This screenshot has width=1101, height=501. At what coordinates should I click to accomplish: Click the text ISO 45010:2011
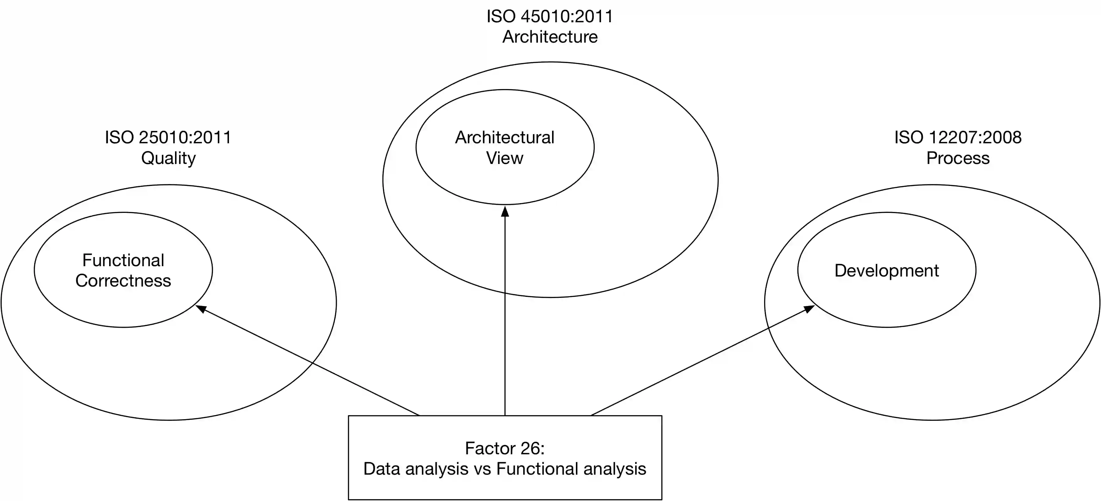[x=550, y=17]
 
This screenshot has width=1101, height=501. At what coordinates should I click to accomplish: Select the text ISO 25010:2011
[x=168, y=138]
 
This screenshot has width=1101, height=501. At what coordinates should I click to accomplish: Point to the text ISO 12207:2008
[x=958, y=138]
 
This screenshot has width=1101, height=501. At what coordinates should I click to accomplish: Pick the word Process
[x=958, y=158]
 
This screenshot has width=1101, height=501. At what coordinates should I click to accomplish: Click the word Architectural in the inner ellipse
[x=504, y=138]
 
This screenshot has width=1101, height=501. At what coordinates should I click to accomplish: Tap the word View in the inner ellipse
[x=504, y=158]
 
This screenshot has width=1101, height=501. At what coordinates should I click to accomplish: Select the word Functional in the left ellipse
[x=123, y=260]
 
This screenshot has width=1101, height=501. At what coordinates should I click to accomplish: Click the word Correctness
[x=123, y=281]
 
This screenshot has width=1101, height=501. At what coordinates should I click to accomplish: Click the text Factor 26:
[x=504, y=448]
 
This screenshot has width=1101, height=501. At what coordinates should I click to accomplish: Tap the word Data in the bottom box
[x=382, y=469]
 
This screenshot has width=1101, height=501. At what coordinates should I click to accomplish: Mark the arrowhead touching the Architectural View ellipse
[x=505, y=211]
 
